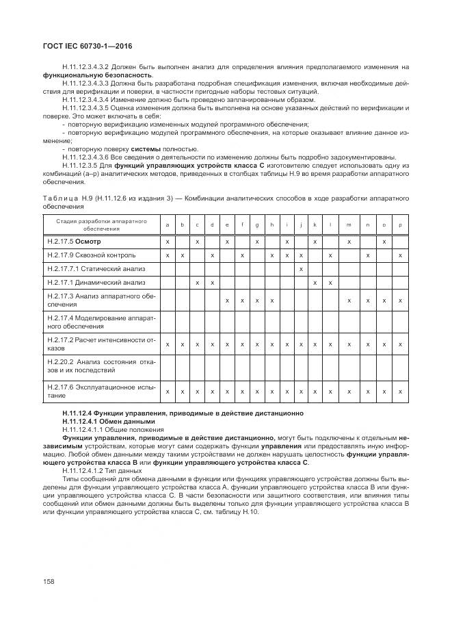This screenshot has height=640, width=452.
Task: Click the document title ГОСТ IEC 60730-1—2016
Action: (x=87, y=46)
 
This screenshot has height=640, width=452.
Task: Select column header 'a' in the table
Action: (x=167, y=225)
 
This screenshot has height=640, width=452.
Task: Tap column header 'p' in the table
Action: (x=400, y=225)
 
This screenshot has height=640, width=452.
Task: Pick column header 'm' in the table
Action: (x=349, y=225)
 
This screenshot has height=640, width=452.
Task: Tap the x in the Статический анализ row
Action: (x=302, y=268)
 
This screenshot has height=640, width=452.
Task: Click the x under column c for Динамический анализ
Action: (x=197, y=282)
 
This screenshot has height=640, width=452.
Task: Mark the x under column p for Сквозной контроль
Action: (x=400, y=255)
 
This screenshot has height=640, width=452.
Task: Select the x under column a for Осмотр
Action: (x=167, y=242)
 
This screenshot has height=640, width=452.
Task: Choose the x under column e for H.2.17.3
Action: (x=227, y=300)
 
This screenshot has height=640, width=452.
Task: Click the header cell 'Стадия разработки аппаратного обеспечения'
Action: (x=102, y=225)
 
